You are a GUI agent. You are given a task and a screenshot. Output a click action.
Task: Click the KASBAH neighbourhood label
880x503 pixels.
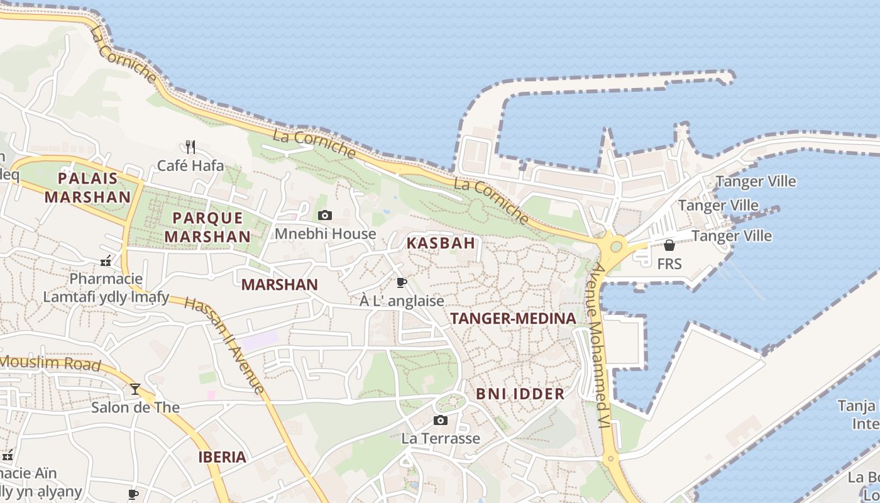441,243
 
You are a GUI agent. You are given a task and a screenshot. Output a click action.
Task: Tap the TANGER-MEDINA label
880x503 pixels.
513,319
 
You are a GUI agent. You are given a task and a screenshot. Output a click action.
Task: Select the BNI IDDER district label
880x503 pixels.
520,394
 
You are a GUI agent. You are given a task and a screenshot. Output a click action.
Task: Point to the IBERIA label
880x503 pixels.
222,457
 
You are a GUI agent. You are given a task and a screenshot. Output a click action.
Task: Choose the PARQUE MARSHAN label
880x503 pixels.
207,227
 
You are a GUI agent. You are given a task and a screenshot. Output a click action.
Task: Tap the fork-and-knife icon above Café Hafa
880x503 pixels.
190,147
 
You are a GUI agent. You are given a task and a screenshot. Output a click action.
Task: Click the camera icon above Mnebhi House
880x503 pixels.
325,216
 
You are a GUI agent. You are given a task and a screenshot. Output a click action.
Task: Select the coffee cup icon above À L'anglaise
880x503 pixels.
402,283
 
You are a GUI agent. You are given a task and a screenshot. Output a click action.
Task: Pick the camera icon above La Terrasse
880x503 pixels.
441,420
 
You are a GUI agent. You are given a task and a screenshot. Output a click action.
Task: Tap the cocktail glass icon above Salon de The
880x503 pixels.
135,389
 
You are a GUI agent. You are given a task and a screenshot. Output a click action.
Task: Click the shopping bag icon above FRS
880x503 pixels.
669,245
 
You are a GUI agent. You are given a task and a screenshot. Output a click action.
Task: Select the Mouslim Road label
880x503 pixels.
50,363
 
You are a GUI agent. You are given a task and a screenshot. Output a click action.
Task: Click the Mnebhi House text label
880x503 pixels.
326,234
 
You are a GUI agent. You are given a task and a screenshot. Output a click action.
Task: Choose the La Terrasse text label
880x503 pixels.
441,438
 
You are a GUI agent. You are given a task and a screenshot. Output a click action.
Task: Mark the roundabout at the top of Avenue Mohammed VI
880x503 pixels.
616,246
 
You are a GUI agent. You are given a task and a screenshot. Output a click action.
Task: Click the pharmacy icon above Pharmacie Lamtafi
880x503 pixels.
106,260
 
